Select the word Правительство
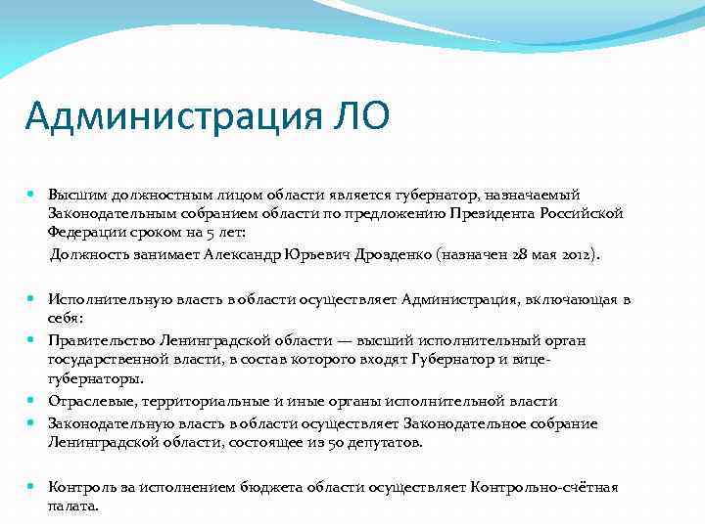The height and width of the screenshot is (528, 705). [x=96, y=339]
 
